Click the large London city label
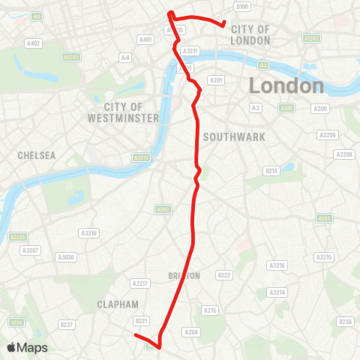coord(286,85)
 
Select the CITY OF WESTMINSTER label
coord(123,112)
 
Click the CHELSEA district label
coord(37,155)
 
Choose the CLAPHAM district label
coord(118,304)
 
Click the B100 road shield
coord(241,7)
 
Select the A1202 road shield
coord(310,37)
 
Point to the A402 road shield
coord(33,44)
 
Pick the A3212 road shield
coord(140,157)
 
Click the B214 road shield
coord(271,171)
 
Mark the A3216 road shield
coord(90,233)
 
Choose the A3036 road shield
coord(67,256)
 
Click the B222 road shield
coord(223,275)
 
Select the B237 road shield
coord(66,325)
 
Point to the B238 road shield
coord(345,322)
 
